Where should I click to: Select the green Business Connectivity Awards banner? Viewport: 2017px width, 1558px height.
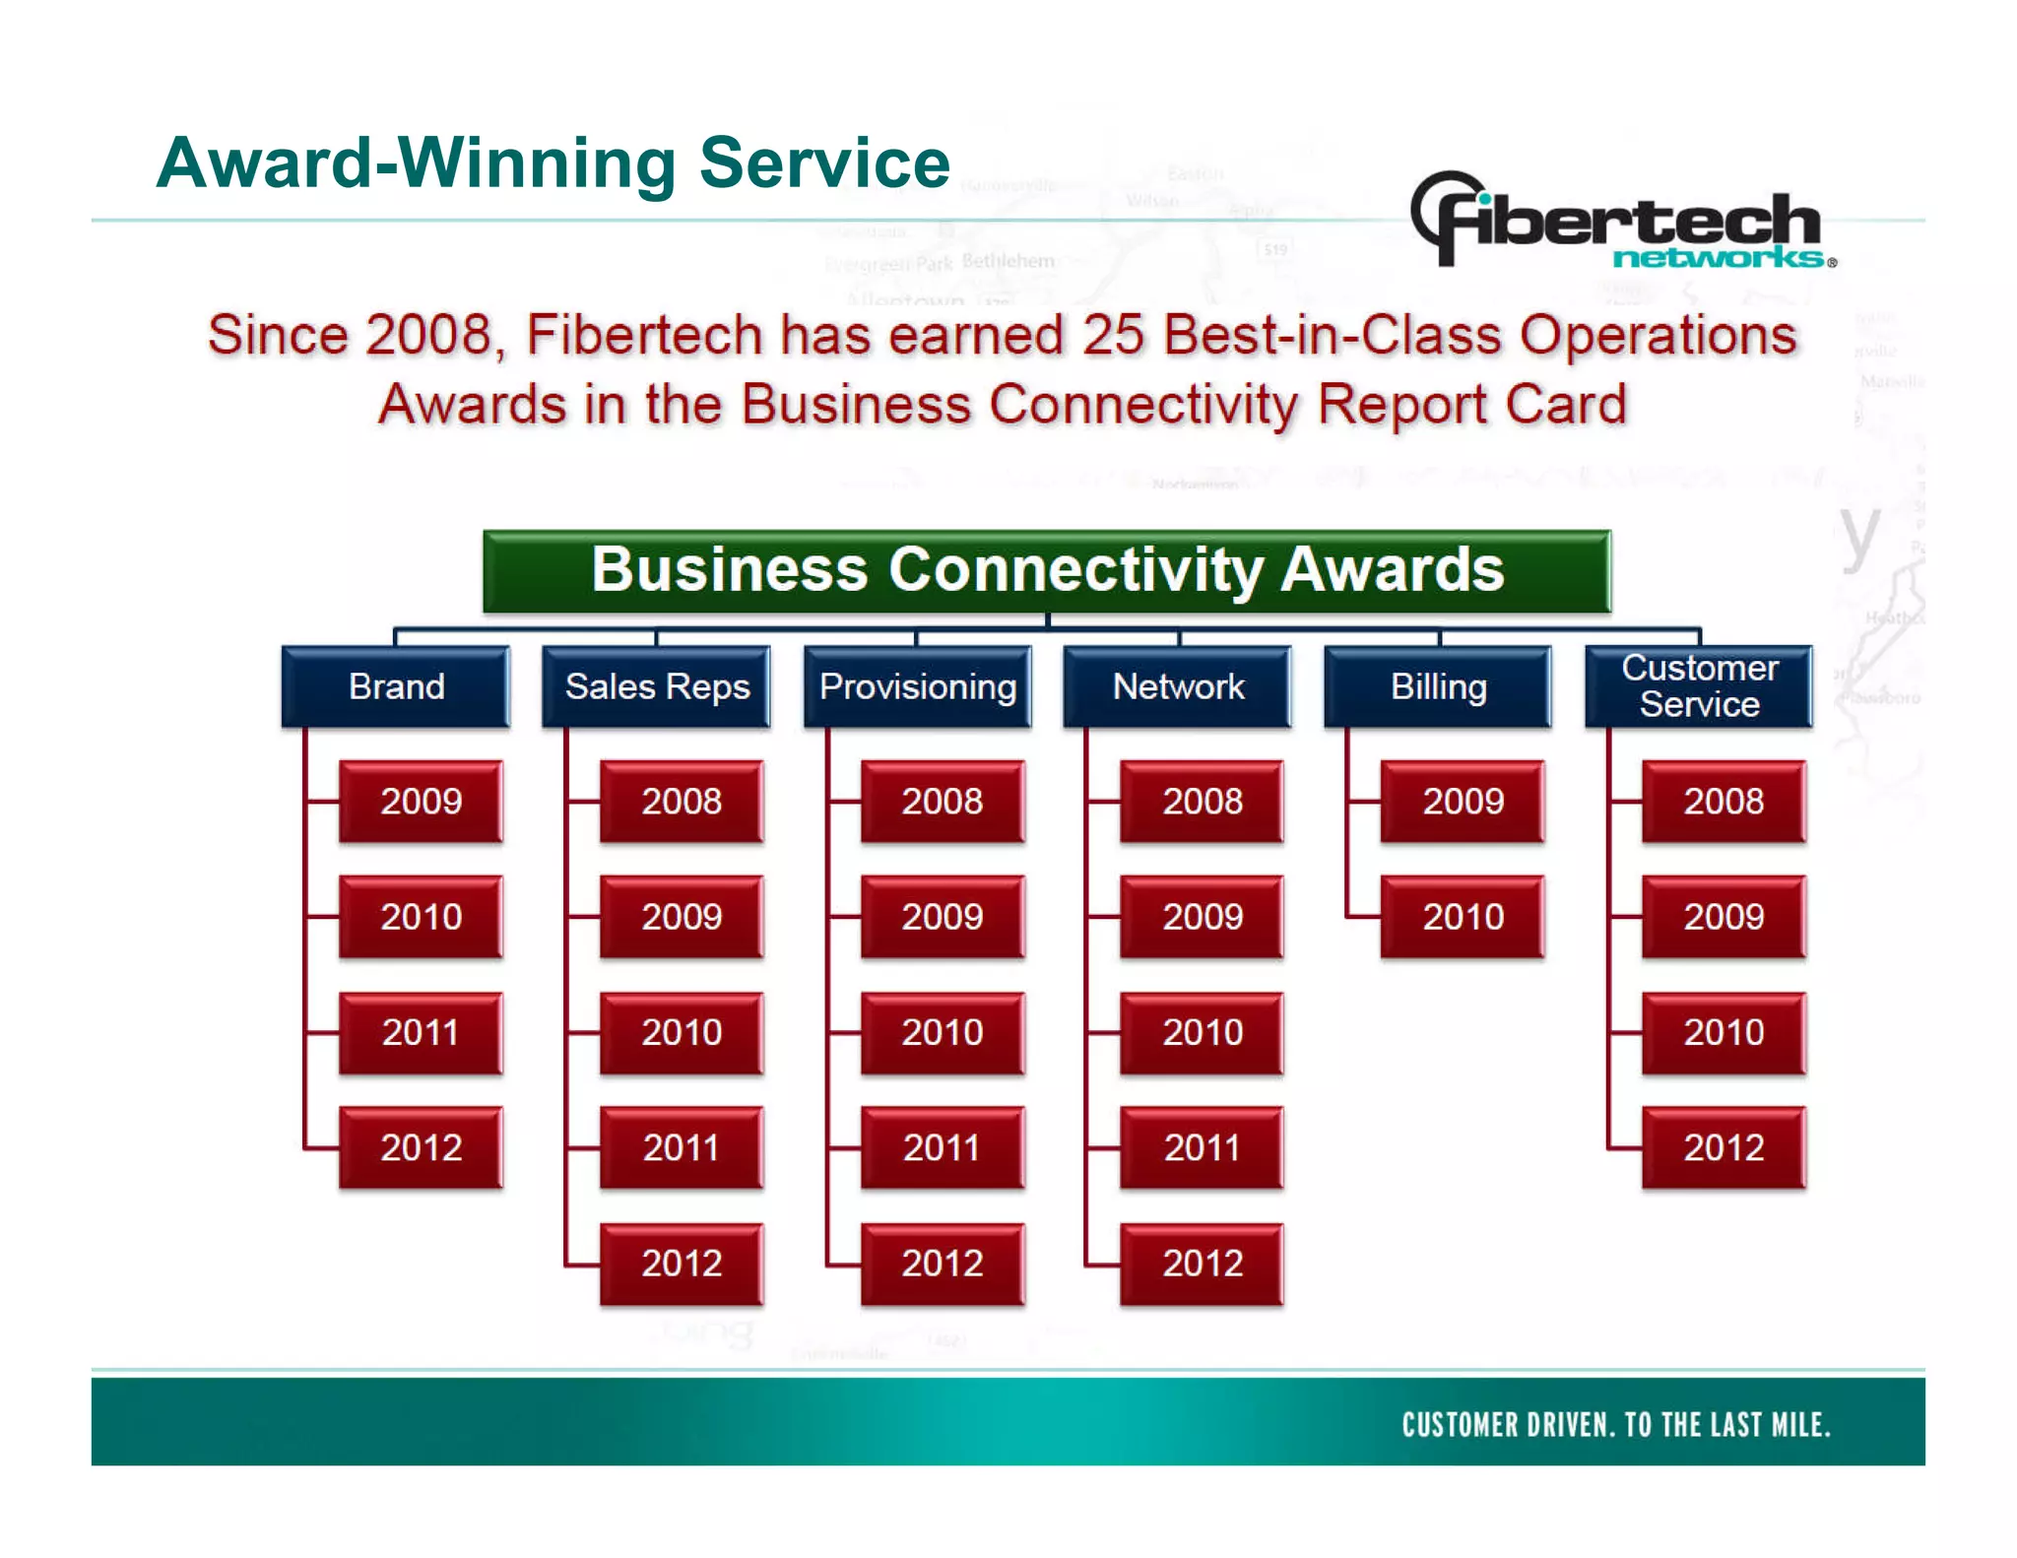click(1046, 571)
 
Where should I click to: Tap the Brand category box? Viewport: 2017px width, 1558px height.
click(396, 686)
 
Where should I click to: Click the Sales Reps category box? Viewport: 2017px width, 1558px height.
click(657, 686)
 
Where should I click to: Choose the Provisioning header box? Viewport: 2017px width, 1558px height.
click(918, 686)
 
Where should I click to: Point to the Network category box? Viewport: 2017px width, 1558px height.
click(1178, 686)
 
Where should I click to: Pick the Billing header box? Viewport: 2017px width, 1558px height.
click(1438, 686)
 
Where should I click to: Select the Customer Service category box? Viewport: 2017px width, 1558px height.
click(1699, 686)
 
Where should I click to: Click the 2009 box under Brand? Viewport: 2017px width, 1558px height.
click(422, 801)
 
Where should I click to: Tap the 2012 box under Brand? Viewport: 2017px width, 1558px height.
click(422, 1147)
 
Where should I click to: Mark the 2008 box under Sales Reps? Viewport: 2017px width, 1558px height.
click(682, 801)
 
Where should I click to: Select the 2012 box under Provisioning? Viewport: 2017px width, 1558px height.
click(943, 1263)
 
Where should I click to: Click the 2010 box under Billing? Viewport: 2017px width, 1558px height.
click(1464, 917)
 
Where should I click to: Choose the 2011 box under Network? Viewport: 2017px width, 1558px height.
click(1203, 1147)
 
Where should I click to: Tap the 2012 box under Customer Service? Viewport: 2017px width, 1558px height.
click(1724, 1147)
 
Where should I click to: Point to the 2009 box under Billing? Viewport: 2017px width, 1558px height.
click(1464, 801)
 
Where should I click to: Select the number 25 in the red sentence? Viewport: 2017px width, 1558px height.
click(1113, 335)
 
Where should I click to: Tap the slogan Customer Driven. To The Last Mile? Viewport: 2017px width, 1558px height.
click(1615, 1424)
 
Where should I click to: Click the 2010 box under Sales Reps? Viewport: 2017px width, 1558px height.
click(682, 1032)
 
